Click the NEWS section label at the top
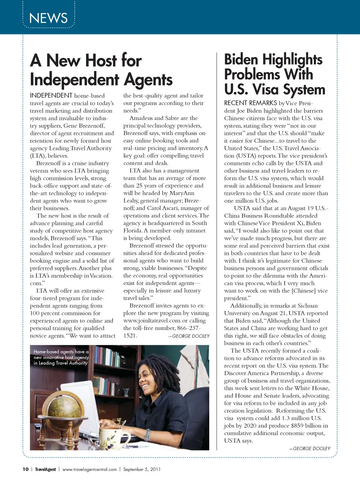pos(48,18)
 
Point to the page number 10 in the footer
pos(25,469)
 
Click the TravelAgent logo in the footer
pos(45,469)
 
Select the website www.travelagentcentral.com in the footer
pos(89,469)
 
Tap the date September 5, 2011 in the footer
pos(142,469)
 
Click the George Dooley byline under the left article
pos(190,336)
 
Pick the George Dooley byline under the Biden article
pos(311,448)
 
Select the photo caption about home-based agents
pos(61,357)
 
